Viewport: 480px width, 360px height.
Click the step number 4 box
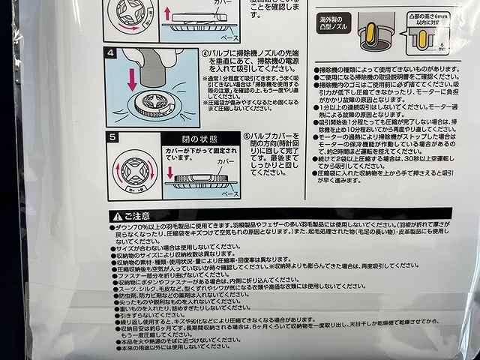pos(111,54)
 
